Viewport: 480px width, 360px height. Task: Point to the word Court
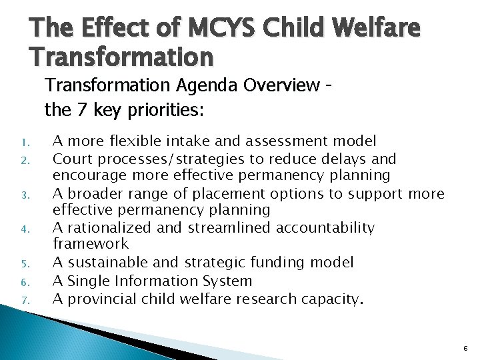(x=71, y=159)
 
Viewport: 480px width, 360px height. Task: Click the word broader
(x=91, y=194)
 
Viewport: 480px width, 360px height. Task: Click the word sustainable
(x=103, y=263)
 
